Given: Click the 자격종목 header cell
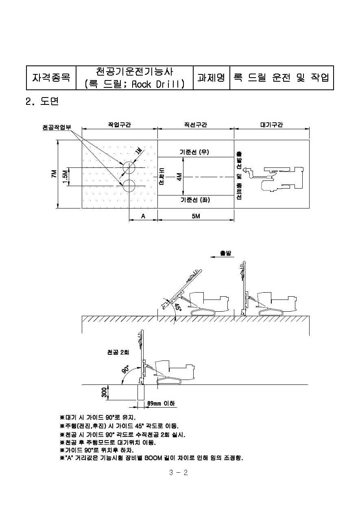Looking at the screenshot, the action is point(51,78).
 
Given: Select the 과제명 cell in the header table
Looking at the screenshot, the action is point(212,78).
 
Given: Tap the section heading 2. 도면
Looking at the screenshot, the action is point(42,101).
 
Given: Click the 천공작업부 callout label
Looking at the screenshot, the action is point(57,127).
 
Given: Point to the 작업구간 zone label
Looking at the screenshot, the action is point(120,125).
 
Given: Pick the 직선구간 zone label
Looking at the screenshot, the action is point(196,125).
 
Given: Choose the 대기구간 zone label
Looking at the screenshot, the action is point(271,125).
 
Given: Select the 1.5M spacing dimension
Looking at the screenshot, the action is point(65,177).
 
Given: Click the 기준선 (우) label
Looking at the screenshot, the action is point(194,152).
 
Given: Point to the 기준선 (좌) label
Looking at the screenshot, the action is point(195,200).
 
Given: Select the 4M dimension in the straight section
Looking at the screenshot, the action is point(179,177).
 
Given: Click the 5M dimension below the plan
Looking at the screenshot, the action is point(196,216).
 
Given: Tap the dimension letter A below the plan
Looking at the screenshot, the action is point(143,216).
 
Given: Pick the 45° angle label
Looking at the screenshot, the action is point(178,308).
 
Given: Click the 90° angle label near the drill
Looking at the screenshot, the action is point(125,369).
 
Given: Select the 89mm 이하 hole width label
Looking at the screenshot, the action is point(161,404).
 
